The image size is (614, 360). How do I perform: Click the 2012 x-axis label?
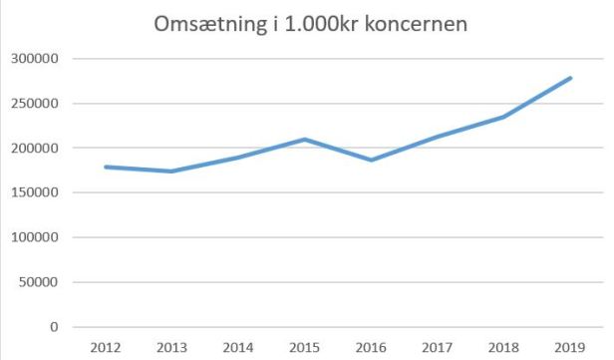(106, 347)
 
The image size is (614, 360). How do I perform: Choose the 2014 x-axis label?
(238, 347)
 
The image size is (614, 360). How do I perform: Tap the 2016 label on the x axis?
(371, 347)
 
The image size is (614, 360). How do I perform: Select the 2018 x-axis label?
(503, 347)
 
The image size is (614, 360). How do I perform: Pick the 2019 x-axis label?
(569, 347)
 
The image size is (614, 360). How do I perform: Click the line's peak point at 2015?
(305, 140)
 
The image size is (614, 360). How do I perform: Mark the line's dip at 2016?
(371, 161)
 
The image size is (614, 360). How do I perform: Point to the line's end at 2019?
(569, 78)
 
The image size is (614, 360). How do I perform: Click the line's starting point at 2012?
(106, 167)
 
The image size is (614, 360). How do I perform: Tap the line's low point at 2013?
(172, 172)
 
